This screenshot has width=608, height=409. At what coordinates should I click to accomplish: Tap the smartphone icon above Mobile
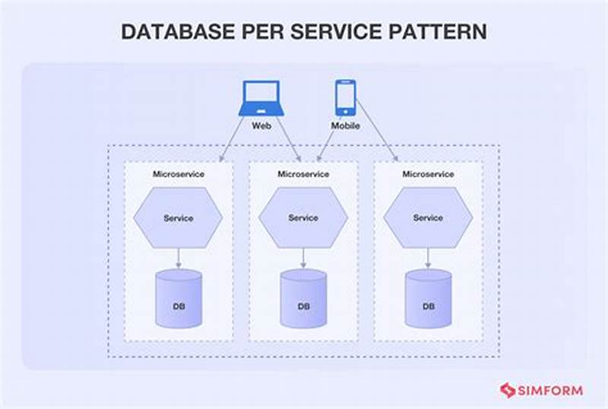tap(346, 97)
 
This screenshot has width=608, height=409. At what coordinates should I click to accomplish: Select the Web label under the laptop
tap(261, 125)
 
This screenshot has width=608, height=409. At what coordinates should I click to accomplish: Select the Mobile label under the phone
tap(346, 125)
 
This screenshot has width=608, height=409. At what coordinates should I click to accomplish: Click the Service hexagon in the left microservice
tap(178, 218)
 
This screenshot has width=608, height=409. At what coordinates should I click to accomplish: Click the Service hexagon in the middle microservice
tap(302, 218)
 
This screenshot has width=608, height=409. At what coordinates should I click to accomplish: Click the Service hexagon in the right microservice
tap(428, 218)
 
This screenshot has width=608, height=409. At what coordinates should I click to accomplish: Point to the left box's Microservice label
tap(178, 174)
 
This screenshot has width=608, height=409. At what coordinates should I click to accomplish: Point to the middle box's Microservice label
tap(302, 174)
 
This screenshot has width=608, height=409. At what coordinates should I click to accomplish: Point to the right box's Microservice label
tap(428, 174)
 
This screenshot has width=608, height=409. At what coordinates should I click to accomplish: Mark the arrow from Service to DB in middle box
tap(302, 256)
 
